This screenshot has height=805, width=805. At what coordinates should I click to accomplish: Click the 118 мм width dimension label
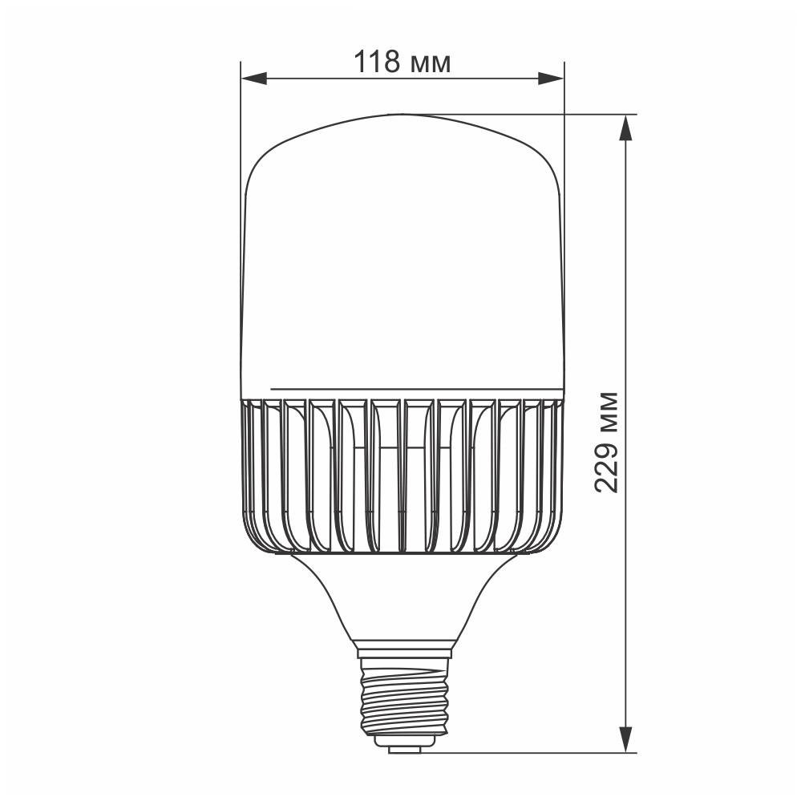tap(402, 61)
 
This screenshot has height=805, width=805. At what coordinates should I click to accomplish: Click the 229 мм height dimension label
tap(607, 442)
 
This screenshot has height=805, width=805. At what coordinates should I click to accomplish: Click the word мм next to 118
tap(430, 63)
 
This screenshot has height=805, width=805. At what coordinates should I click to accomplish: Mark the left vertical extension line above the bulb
tap(241, 120)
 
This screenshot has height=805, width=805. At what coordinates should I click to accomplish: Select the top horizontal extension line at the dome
tap(521, 114)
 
